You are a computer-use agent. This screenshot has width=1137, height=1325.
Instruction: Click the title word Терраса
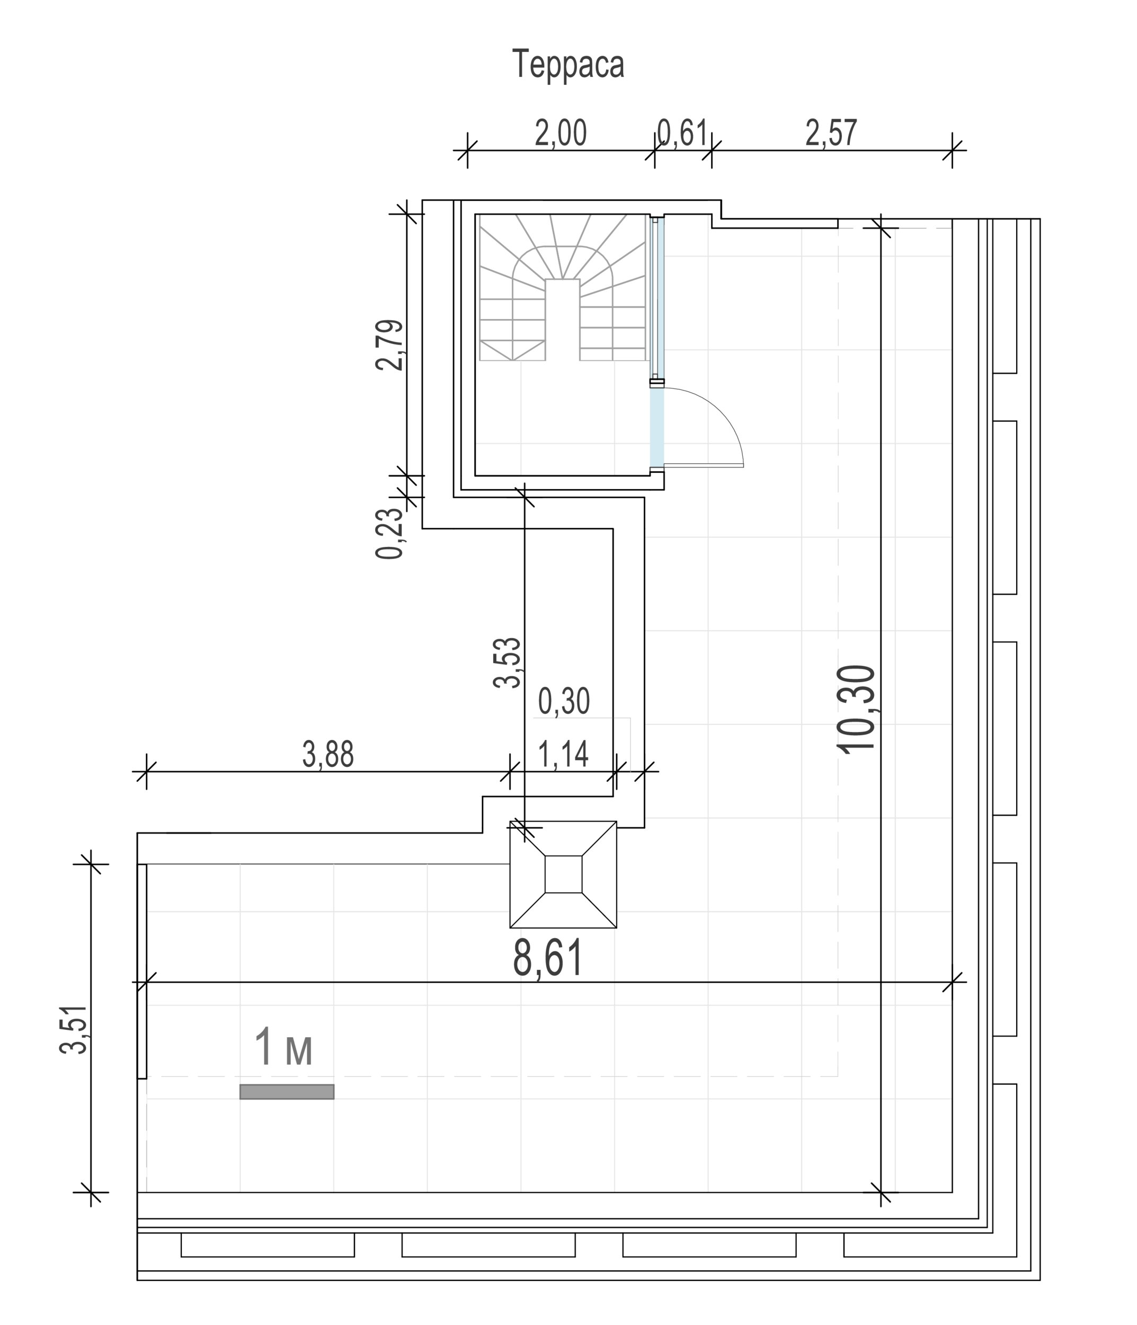pyautogui.click(x=568, y=65)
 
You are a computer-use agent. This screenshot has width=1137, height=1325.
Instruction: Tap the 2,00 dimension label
pyautogui.click(x=561, y=134)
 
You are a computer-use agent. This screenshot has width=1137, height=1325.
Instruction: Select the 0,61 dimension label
pyautogui.click(x=682, y=134)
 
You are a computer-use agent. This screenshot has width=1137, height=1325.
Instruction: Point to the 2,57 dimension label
pyautogui.click(x=831, y=134)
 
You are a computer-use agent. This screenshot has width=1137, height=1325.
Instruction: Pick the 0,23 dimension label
pyautogui.click(x=390, y=534)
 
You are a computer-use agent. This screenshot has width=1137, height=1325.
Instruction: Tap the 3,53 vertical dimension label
pyautogui.click(x=508, y=662)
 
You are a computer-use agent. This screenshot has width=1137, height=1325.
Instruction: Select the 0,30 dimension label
pyautogui.click(x=564, y=702)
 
